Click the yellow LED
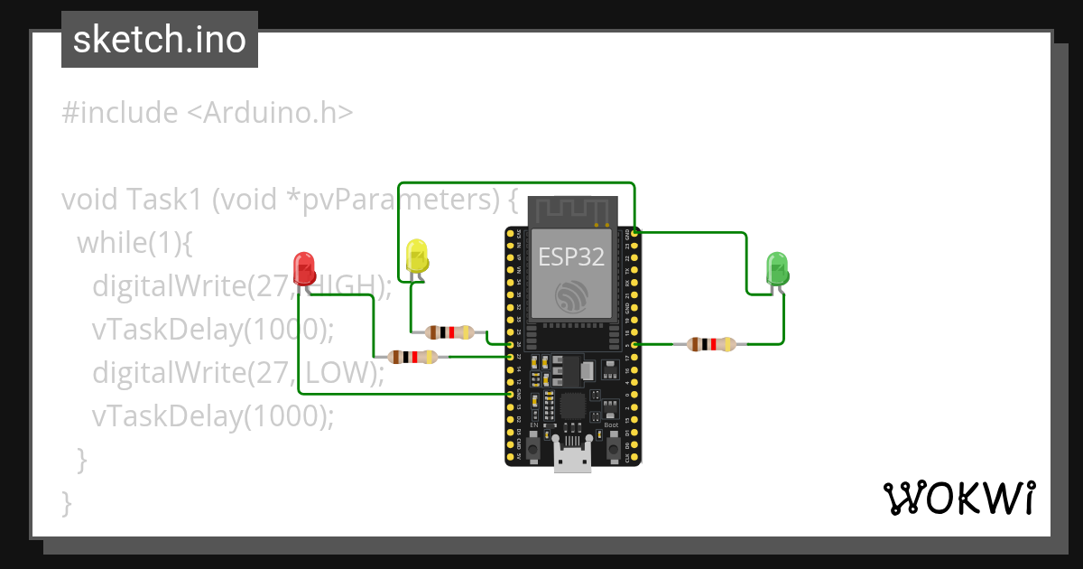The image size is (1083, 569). [x=416, y=255]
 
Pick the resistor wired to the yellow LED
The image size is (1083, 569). [x=449, y=332]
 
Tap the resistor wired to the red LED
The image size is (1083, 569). [x=412, y=357]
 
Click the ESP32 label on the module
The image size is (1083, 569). [x=570, y=257]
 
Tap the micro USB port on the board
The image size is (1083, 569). [x=572, y=459]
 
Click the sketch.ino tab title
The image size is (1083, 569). [x=159, y=40]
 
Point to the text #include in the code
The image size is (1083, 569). [x=119, y=113]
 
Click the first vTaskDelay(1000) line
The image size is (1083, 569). [x=212, y=329]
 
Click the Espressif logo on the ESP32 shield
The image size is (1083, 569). [x=571, y=297]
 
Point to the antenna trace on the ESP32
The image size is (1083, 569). [x=572, y=211]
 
